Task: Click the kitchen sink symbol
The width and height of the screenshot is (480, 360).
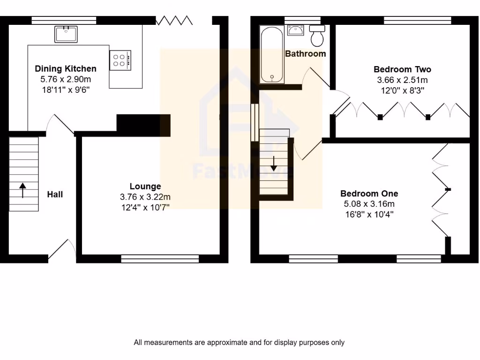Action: (x=66, y=34)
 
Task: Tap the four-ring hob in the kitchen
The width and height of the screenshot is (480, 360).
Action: (x=120, y=60)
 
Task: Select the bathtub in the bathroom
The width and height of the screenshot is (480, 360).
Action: (x=272, y=55)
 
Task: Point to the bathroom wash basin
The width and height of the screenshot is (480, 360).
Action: (x=296, y=30)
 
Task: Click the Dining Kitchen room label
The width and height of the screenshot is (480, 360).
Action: (x=66, y=69)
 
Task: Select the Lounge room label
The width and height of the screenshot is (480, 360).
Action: (x=145, y=187)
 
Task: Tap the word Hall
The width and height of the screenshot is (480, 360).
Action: (x=55, y=194)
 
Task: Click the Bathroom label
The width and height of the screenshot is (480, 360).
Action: (x=305, y=54)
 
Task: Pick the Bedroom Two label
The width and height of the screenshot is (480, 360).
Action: (x=402, y=69)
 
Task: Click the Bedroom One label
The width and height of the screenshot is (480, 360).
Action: (x=369, y=194)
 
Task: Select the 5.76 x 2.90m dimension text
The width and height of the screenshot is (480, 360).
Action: (x=66, y=79)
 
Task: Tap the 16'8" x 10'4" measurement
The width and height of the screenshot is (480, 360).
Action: (x=369, y=214)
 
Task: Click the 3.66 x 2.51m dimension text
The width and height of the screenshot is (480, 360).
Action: (x=402, y=80)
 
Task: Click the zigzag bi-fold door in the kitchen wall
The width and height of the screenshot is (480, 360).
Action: (x=174, y=20)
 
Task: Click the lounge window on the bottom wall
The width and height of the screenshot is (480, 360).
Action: (x=159, y=258)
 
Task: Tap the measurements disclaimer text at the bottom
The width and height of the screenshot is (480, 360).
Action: (x=239, y=343)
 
